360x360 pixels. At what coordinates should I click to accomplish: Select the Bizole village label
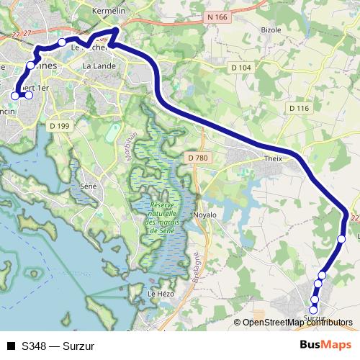tap(271, 30)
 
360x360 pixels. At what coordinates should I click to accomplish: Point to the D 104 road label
tap(241, 67)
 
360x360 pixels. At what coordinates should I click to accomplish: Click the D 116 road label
tap(299, 107)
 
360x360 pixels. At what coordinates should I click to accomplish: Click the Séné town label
tap(89, 185)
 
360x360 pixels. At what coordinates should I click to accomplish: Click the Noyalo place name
tap(204, 215)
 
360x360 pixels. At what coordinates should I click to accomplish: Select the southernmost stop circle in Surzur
tap(313, 310)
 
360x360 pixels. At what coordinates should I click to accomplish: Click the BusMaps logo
tap(325, 345)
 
